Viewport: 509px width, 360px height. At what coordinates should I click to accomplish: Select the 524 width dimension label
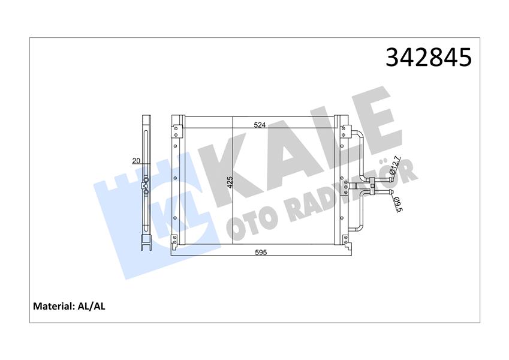tap(260, 125)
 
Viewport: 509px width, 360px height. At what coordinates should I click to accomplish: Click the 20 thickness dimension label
tap(136, 160)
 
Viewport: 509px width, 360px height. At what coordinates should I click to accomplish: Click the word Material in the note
tap(52, 306)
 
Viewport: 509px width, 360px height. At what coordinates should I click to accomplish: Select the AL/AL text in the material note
tap(92, 306)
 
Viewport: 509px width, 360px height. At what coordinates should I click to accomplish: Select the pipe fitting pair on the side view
tap(146, 186)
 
